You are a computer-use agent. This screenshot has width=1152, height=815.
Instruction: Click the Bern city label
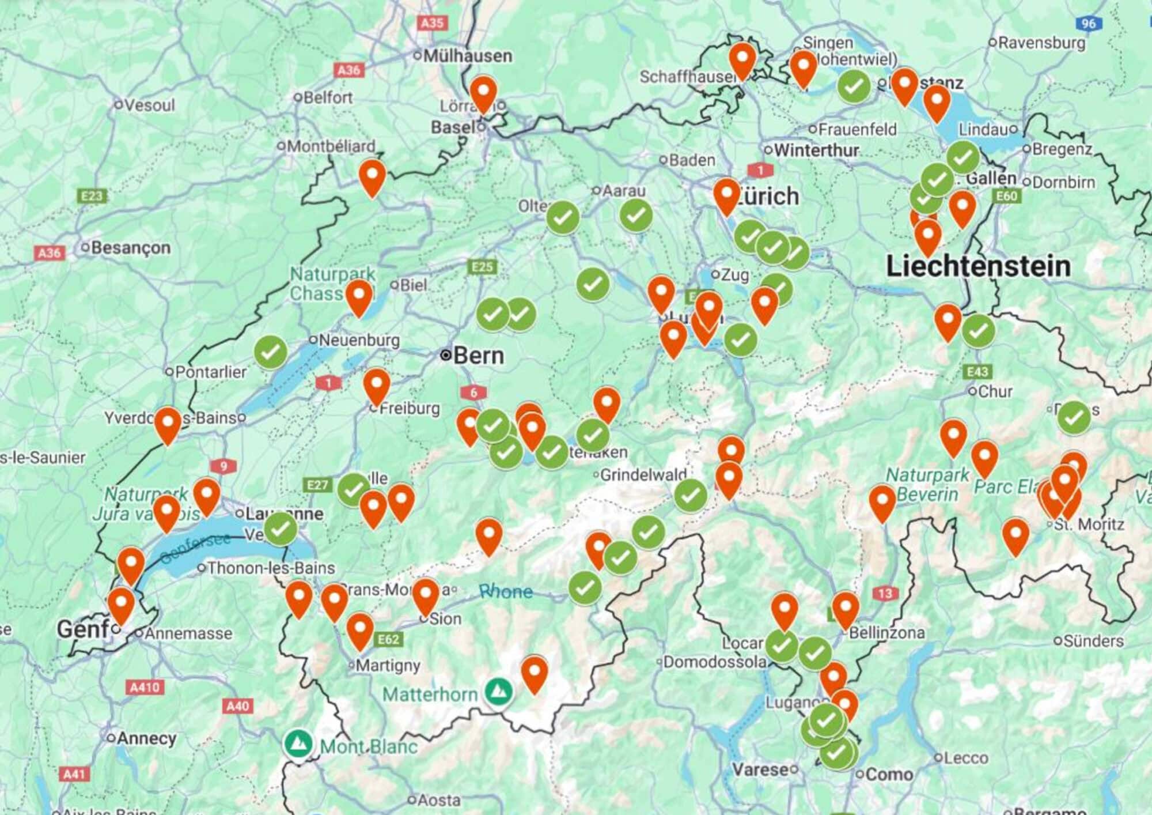pos(478,356)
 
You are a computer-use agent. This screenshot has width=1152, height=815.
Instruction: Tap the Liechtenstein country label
pos(978,266)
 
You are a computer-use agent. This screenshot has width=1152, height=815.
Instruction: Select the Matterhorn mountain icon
pos(499,691)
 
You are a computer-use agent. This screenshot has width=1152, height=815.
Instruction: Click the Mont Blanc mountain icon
pos(298,744)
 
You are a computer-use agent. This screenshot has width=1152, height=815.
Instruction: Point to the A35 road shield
pos(431,23)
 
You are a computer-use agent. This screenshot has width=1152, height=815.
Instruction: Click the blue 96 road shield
pos(1088,24)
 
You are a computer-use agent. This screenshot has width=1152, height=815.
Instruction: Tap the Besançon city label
pos(130,248)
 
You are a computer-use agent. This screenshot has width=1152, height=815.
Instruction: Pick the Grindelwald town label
pos(643,475)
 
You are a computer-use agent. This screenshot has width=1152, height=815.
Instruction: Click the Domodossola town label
pos(714,662)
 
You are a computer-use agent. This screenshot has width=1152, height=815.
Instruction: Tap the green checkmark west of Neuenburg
pos(271,352)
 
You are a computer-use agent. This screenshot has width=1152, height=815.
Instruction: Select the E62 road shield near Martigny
pos(388,639)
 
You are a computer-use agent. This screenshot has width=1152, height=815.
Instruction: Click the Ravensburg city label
pos(1041,43)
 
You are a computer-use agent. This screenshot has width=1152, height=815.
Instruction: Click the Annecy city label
pos(146,738)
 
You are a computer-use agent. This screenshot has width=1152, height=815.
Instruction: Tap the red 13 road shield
pos(885,593)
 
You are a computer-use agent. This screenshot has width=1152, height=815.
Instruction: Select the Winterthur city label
pos(816,150)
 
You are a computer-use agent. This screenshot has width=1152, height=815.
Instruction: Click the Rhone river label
pos(506,591)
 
